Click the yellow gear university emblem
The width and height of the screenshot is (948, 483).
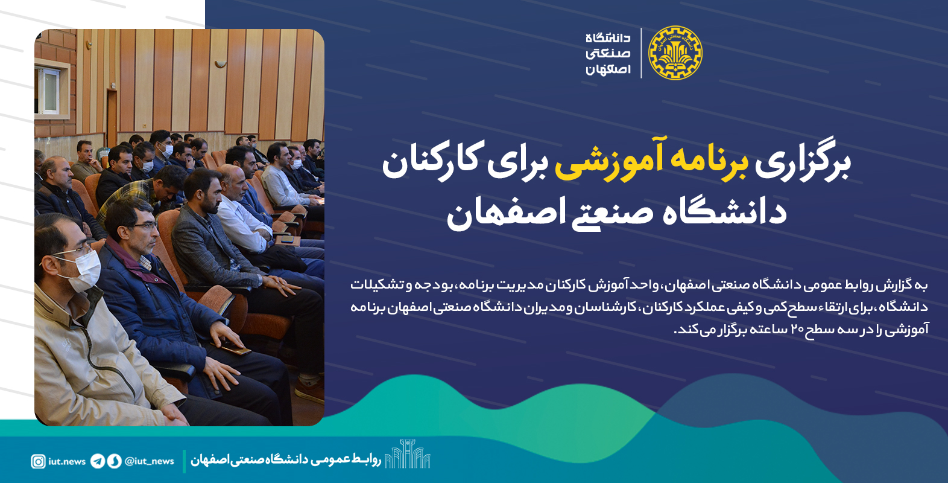pyautogui.click(x=675, y=53)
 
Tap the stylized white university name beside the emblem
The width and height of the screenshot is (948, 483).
pyautogui.click(x=608, y=54)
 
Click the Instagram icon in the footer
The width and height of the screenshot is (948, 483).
pyautogui.click(x=38, y=461)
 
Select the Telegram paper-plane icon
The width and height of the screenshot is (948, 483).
pyautogui.click(x=98, y=461)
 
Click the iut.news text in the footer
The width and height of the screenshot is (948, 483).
pyautogui.click(x=67, y=461)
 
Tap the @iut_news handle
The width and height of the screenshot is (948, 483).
pyautogui.click(x=149, y=461)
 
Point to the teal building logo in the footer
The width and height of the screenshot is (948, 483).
pyautogui.click(x=407, y=454)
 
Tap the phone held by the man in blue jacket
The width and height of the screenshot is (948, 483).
pyautogui.click(x=237, y=350)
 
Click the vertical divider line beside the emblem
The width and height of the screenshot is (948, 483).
pyautogui.click(x=641, y=53)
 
